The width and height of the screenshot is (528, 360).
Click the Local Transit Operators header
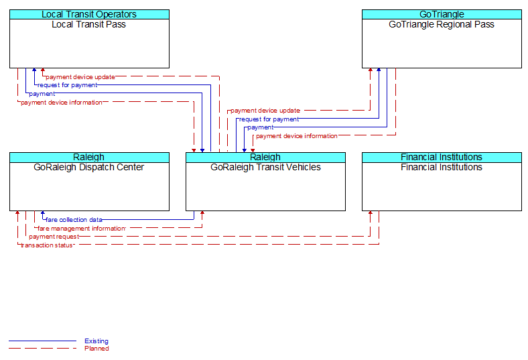89,14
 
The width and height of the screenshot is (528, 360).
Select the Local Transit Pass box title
89,24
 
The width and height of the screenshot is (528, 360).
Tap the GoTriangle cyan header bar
442,14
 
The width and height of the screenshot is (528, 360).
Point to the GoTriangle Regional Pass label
442,24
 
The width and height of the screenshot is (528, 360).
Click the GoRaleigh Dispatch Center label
89,167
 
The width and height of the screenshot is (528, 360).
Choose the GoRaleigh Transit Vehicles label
265,167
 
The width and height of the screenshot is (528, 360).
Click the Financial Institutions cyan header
442,158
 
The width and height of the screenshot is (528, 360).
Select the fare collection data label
74,220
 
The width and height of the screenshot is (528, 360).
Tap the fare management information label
82,229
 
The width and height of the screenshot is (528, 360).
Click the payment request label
54,237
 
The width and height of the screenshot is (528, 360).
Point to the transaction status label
46,245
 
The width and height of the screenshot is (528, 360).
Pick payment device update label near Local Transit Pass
80,77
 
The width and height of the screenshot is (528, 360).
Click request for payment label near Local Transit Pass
67,85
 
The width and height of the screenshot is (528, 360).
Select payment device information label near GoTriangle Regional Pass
297,136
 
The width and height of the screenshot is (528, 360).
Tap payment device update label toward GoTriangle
265,111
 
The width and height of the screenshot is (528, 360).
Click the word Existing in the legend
96,341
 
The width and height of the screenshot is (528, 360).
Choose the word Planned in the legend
96,348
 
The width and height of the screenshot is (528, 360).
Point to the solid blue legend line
42,341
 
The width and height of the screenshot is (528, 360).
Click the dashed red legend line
42,348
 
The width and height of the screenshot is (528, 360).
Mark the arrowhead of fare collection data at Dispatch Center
42,213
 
